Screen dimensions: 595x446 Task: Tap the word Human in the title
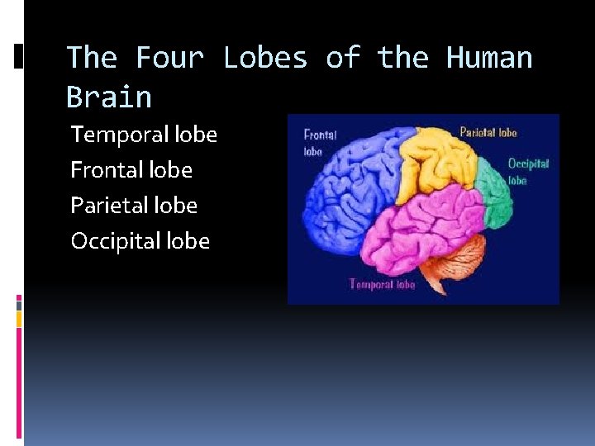tap(489, 58)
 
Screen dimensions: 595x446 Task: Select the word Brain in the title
tap(109, 97)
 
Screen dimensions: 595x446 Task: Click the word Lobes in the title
tap(265, 58)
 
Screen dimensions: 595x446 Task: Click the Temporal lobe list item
tap(144, 134)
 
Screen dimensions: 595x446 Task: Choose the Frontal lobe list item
tap(131, 170)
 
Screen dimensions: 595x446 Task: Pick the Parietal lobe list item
tap(134, 206)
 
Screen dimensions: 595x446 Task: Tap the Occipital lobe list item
tap(140, 241)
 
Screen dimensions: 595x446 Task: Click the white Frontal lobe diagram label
tap(319, 142)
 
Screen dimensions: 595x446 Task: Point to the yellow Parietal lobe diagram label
tap(488, 132)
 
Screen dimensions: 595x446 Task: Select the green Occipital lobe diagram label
tap(527, 171)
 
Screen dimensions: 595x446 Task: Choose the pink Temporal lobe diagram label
tap(382, 284)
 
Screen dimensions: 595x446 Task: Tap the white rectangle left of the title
tap(19, 56)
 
